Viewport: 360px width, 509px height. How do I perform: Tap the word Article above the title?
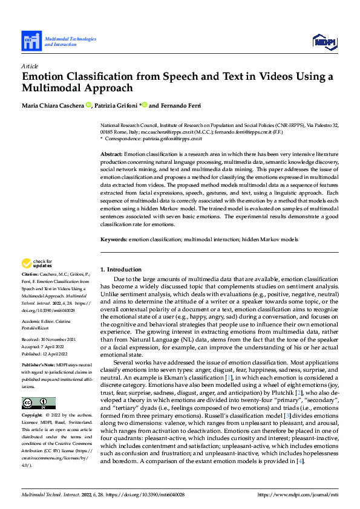[30, 66]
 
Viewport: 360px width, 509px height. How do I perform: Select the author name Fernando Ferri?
[180, 105]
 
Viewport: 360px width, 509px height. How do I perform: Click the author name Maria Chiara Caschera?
[53, 105]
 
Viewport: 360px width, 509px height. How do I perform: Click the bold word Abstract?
[111, 155]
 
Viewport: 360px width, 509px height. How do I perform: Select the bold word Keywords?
[113, 239]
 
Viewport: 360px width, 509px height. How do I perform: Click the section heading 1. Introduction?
[120, 269]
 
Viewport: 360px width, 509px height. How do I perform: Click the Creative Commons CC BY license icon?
[38, 403]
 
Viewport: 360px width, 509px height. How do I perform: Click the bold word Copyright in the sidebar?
[32, 416]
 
